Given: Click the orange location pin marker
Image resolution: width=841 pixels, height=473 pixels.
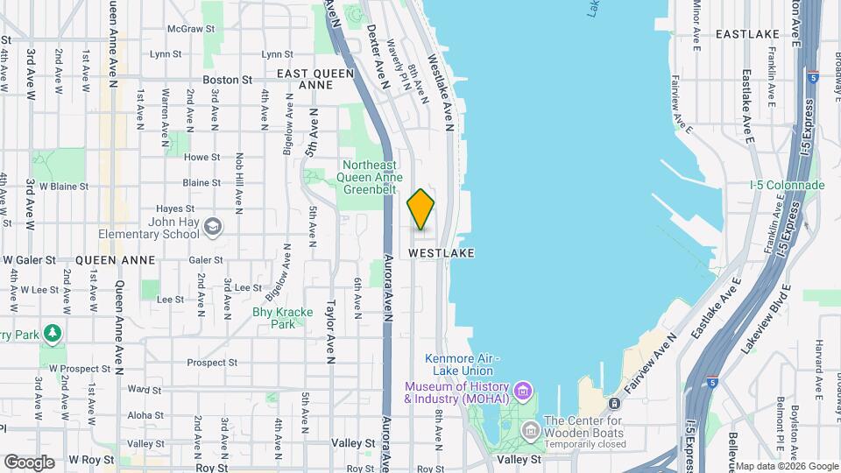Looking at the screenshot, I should (x=420, y=208).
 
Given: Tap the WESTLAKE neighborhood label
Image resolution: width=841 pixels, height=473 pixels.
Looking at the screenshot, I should (x=442, y=252).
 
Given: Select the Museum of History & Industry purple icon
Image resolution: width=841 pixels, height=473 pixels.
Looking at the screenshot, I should (x=523, y=389).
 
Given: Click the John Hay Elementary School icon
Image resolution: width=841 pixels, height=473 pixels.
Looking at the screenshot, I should (x=212, y=228).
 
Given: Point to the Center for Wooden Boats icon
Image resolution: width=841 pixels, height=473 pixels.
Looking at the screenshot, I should (x=529, y=430).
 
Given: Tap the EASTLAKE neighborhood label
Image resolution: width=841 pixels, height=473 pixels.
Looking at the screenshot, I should (x=747, y=33).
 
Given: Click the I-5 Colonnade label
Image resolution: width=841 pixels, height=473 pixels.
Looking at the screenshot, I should (x=788, y=185).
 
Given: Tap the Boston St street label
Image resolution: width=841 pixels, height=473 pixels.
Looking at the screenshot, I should (x=227, y=79).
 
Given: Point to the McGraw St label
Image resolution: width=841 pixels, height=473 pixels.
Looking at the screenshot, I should (x=186, y=29).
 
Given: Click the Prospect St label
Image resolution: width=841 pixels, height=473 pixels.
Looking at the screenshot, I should (x=207, y=362).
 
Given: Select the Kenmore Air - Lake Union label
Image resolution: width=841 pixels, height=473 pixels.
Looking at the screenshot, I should (x=462, y=364).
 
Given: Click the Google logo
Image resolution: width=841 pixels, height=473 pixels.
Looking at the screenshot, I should (x=29, y=462).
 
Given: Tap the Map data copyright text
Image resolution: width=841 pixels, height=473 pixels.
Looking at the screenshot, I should (x=786, y=466).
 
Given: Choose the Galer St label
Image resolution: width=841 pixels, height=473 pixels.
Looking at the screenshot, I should (x=206, y=260).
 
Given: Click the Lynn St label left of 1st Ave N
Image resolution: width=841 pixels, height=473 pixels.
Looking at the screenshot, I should (x=165, y=54).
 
